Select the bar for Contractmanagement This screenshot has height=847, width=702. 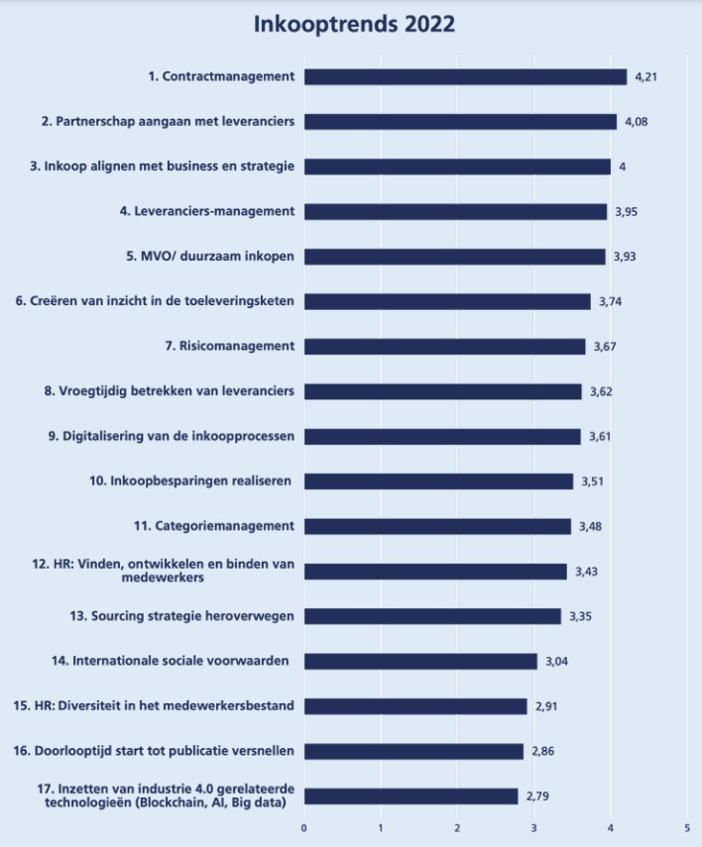tap(465, 76)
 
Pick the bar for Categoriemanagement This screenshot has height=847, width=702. tap(437, 525)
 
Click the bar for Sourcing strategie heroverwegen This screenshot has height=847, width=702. tap(432, 615)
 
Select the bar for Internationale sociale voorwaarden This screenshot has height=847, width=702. tap(420, 661)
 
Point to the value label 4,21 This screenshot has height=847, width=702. tap(645, 77)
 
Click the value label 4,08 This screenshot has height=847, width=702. tap(636, 122)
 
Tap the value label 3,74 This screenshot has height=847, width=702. tap(610, 301)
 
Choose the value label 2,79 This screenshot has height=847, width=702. tap(537, 795)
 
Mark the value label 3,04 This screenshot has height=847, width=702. tap(556, 661)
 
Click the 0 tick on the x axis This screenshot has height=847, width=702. tap(304, 827)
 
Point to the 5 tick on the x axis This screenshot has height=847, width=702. tap(687, 827)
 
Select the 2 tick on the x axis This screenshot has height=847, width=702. tap(457, 827)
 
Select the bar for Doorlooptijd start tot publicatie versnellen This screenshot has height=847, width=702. tap(413, 751)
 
